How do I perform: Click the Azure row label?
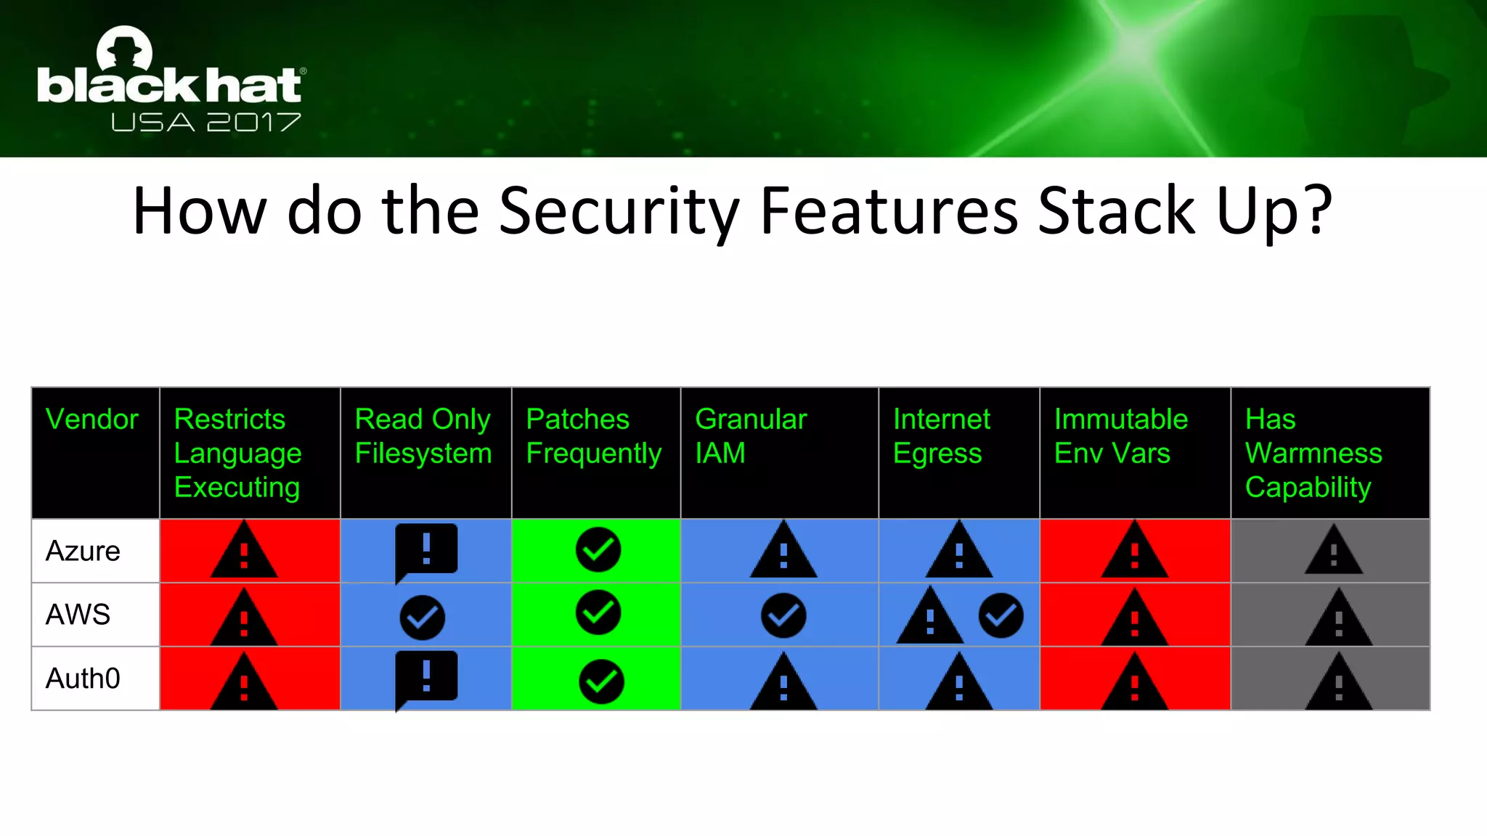(83, 552)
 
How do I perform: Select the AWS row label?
(78, 615)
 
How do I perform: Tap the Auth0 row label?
(83, 679)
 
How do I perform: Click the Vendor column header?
(91, 419)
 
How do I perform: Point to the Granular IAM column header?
(751, 436)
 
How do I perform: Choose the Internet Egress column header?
(941, 436)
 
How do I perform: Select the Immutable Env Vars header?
(1120, 436)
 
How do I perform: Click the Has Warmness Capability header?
(1313, 453)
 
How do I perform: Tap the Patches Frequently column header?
(593, 436)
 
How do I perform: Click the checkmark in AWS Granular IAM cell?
(783, 616)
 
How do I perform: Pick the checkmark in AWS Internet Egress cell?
(1001, 616)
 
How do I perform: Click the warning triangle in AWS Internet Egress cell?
(930, 618)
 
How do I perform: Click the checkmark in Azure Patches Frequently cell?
(598, 550)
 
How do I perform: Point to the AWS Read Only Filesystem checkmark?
(422, 618)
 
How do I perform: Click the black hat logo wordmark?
(170, 85)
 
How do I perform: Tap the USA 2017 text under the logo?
(206, 122)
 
